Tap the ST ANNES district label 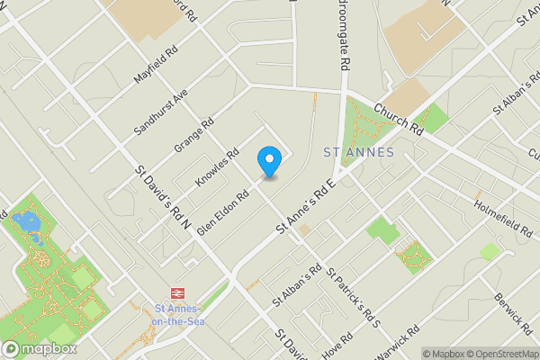point(358,152)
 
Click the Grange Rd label point(194,135)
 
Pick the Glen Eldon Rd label point(222,211)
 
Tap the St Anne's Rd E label point(305,207)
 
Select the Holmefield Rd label point(502,216)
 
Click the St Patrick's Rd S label point(354,296)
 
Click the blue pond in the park point(28,224)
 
